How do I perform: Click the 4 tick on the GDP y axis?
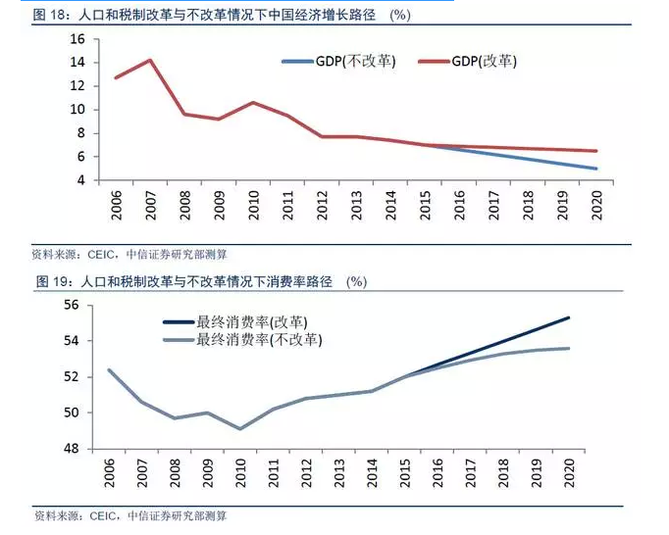click(x=80, y=180)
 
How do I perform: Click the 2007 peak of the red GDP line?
click(x=149, y=60)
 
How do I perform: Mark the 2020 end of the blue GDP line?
click(x=595, y=169)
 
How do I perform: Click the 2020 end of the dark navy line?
click(x=568, y=317)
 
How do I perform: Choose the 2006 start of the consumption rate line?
click(x=108, y=369)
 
